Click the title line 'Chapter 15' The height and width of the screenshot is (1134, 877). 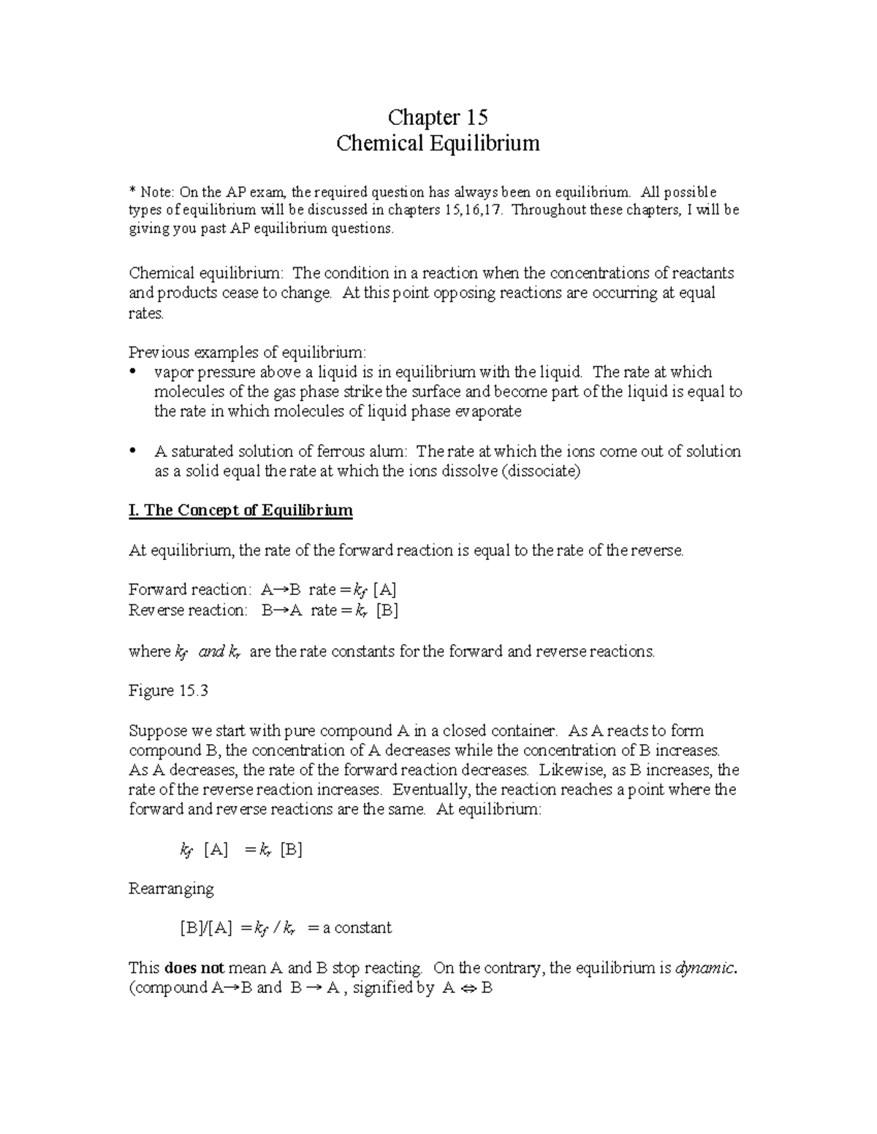point(438,117)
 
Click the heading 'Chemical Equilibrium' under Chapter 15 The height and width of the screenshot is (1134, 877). point(438,143)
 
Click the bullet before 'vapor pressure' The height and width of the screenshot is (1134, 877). point(132,372)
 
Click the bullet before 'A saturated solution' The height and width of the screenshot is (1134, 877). point(132,451)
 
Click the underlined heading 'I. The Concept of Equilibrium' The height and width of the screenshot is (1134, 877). point(240,510)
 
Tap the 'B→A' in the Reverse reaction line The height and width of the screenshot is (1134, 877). point(282,610)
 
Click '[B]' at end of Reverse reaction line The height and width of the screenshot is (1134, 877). point(387,610)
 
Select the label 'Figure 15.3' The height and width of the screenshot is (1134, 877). point(168,691)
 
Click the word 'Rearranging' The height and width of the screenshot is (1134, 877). point(171,889)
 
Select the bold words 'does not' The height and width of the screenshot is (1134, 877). point(194,968)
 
